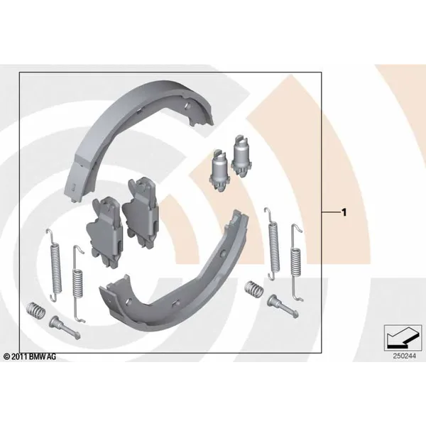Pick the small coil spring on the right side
coord(253,289)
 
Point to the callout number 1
coord(344,212)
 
